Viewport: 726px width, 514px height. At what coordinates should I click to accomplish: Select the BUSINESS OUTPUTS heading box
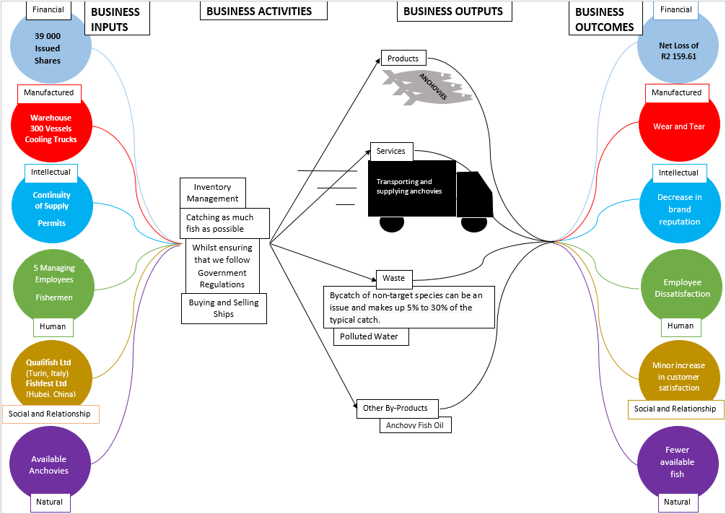pos(454,11)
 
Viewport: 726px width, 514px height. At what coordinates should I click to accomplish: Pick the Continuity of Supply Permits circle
pos(51,206)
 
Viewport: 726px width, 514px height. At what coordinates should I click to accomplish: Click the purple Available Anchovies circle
pos(49,463)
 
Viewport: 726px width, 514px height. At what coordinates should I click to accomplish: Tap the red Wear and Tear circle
pos(678,126)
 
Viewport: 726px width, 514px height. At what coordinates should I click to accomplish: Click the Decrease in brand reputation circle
pos(679,208)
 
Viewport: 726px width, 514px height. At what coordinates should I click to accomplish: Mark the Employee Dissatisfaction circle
pos(681,287)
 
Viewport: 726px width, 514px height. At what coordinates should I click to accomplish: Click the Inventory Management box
pos(212,193)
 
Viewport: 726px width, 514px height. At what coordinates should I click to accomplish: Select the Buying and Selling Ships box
pos(224,308)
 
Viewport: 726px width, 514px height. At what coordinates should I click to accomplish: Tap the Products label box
pos(403,58)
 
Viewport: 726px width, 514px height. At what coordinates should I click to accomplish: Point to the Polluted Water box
pos(369,336)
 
